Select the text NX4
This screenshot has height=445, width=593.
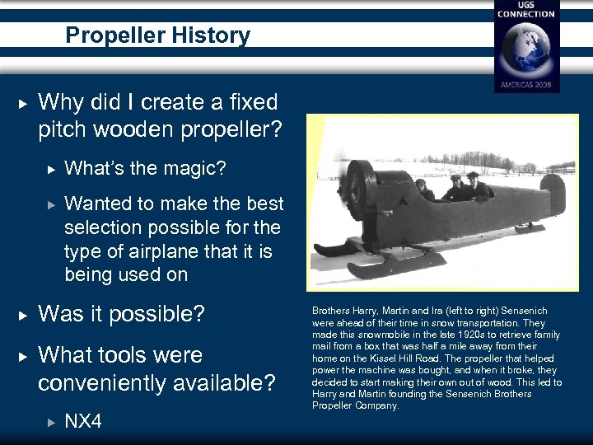(83, 422)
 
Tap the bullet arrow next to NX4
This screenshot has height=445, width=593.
(49, 423)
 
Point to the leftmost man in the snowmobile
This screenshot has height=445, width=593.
(423, 190)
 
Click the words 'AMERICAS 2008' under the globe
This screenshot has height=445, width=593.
(526, 85)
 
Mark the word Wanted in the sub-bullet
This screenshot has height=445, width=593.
(97, 204)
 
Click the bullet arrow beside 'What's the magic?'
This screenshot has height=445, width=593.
(49, 169)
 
